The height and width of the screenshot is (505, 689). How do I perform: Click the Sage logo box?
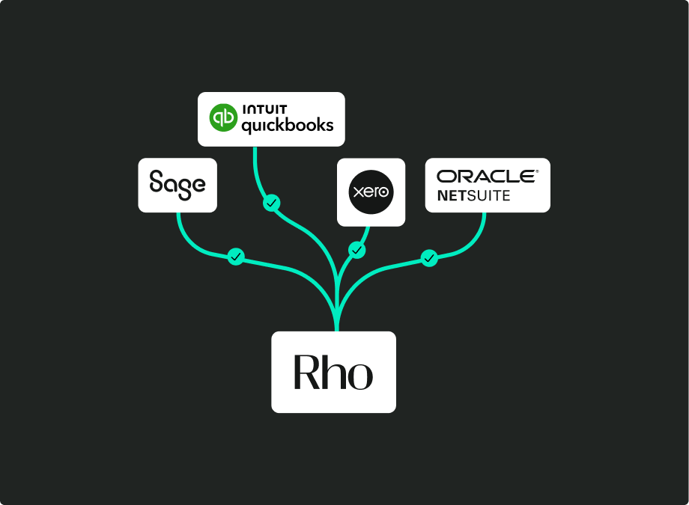click(x=177, y=185)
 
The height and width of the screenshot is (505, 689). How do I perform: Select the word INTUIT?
click(x=264, y=110)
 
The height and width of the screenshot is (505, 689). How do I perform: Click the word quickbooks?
click(x=287, y=126)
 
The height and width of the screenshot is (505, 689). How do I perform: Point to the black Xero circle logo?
click(x=371, y=192)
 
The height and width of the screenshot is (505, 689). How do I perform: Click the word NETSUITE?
click(x=473, y=195)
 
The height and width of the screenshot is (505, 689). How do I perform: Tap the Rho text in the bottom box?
click(x=333, y=372)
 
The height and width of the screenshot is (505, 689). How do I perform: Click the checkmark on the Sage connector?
click(x=236, y=257)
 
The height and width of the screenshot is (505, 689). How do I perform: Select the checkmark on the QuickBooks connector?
click(x=272, y=203)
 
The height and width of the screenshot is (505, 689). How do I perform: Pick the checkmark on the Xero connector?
click(x=357, y=250)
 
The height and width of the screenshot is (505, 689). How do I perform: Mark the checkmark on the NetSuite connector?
click(x=429, y=258)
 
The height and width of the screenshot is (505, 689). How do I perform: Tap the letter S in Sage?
click(x=157, y=182)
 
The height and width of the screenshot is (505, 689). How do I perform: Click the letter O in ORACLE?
click(x=447, y=177)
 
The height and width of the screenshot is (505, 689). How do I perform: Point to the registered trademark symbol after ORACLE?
click(x=537, y=171)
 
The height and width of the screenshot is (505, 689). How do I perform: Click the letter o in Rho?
click(x=359, y=376)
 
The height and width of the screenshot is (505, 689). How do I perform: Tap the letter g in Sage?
click(x=183, y=187)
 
